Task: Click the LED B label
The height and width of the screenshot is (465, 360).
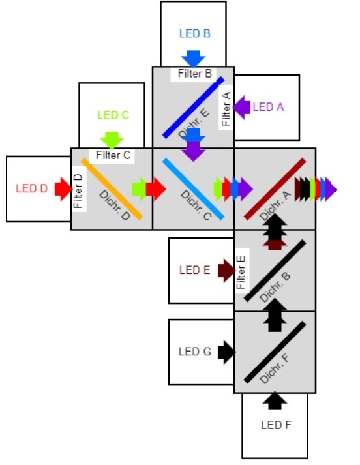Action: [195, 33]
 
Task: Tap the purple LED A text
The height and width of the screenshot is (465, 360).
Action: [268, 107]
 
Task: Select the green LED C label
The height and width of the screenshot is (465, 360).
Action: [113, 115]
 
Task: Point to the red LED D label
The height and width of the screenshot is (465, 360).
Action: [32, 188]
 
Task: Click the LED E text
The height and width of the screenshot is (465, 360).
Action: [195, 270]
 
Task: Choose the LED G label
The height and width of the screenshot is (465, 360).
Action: [195, 352]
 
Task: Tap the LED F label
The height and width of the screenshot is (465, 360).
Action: [276, 425]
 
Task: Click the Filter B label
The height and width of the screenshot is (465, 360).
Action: [195, 74]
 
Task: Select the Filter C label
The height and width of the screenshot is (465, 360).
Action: [113, 155]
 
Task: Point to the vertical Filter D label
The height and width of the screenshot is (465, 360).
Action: [78, 190]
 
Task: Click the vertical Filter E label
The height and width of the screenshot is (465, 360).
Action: [241, 272]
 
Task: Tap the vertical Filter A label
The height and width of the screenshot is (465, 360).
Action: [226, 109]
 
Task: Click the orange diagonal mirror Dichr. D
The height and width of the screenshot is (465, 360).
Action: [112, 189]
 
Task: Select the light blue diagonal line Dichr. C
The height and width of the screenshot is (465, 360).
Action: [193, 189]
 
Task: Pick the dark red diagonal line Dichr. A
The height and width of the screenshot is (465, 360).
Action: [275, 189]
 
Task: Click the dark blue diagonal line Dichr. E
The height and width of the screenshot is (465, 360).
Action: [193, 108]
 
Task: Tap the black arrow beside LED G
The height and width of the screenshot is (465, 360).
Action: [226, 352]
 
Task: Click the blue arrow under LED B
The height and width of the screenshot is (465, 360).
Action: [193, 59]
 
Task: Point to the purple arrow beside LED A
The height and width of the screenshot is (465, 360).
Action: [242, 108]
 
